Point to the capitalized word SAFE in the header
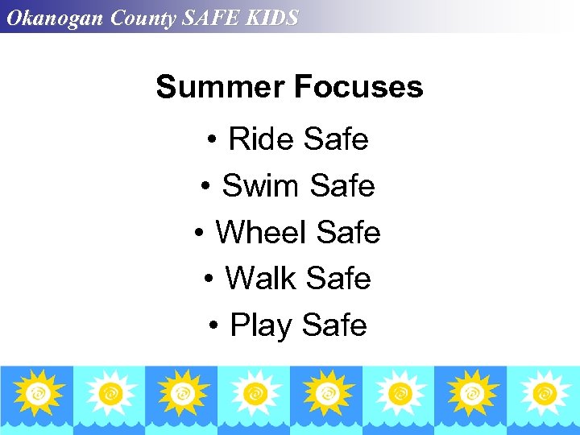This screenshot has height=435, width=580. [x=211, y=18]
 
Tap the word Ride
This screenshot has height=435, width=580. [x=259, y=139]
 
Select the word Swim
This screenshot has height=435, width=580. [x=260, y=186]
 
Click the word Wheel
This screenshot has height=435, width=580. [x=263, y=233]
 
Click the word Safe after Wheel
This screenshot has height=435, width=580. [x=349, y=233]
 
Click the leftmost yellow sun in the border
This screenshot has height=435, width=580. [x=36, y=392]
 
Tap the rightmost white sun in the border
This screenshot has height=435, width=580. [x=543, y=392]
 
